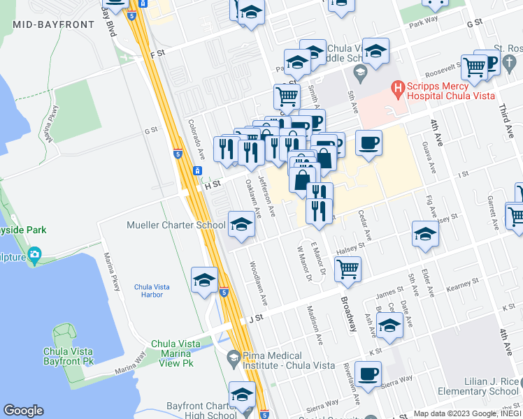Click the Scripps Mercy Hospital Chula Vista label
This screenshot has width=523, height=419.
[x=450, y=90]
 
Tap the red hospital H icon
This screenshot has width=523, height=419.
[x=398, y=89]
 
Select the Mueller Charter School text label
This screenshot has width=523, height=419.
[x=175, y=225]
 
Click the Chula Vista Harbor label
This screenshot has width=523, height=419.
[x=148, y=291]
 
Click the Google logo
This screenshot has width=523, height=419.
[x=23, y=411]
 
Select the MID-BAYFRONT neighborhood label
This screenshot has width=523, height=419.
[x=53, y=24]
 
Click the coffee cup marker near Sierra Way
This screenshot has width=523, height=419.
[x=368, y=373]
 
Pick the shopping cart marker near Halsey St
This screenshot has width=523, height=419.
[x=348, y=268]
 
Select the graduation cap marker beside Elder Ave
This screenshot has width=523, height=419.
[x=424, y=234]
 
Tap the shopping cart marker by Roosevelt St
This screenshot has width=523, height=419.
[x=474, y=68]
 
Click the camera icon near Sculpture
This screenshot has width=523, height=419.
[x=34, y=256]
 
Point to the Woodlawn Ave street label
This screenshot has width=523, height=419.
[x=258, y=283]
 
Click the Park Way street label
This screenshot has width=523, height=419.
[x=424, y=23]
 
